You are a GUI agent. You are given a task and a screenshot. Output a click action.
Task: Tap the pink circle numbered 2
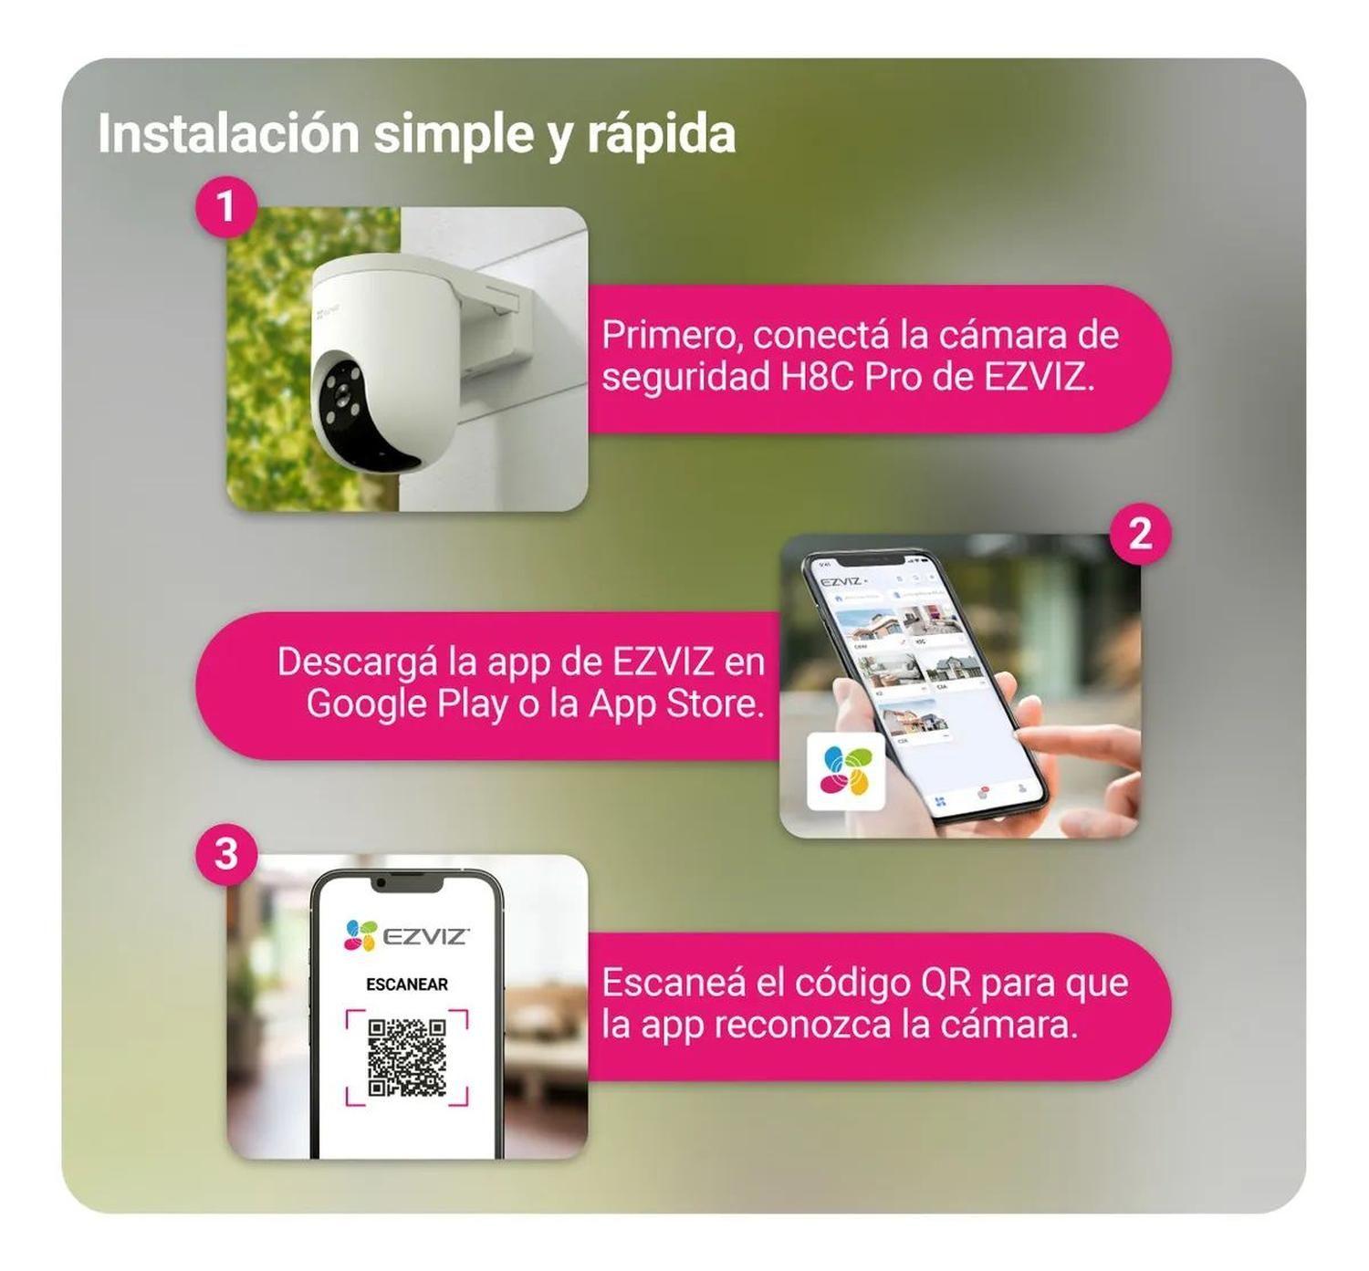coord(1140,534)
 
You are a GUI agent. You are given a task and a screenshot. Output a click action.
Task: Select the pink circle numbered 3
coord(225,855)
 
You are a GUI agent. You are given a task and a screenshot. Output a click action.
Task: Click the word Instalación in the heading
coord(228,134)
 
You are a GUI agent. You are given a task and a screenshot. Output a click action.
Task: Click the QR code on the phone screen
coord(407,1057)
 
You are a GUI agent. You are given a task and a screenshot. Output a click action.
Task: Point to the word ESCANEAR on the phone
coord(407,985)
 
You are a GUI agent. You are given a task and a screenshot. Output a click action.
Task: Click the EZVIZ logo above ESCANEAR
coord(407,936)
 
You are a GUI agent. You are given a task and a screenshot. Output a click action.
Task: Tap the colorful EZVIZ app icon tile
coord(846,771)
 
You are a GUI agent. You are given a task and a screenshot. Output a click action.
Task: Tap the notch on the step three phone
coord(407,885)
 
